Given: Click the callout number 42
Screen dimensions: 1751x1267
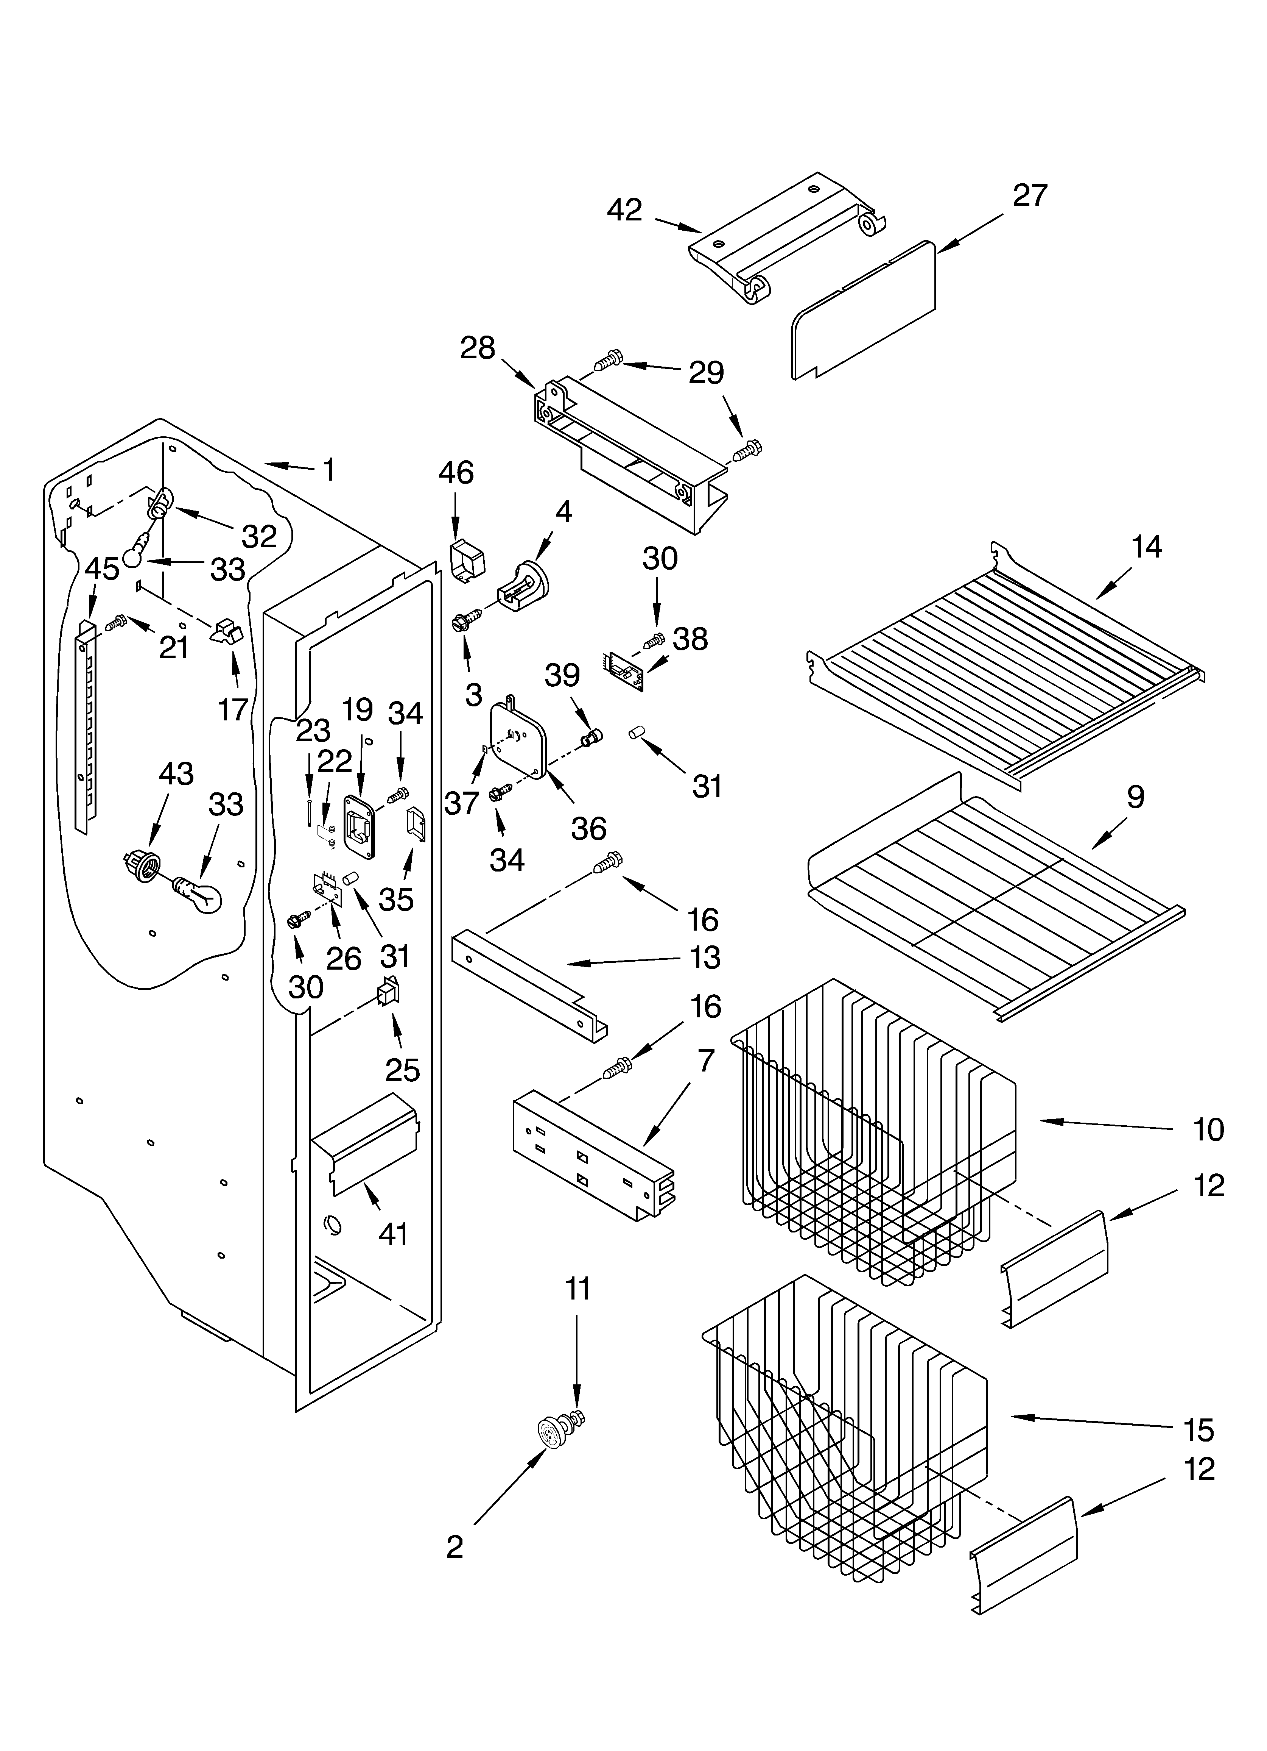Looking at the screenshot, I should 624,210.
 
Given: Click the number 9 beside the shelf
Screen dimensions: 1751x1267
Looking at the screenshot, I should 1135,797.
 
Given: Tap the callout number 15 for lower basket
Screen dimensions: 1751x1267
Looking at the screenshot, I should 1199,1430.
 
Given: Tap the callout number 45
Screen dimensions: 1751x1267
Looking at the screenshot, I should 102,569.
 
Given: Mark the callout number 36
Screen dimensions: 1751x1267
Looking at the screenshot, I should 588,828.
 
